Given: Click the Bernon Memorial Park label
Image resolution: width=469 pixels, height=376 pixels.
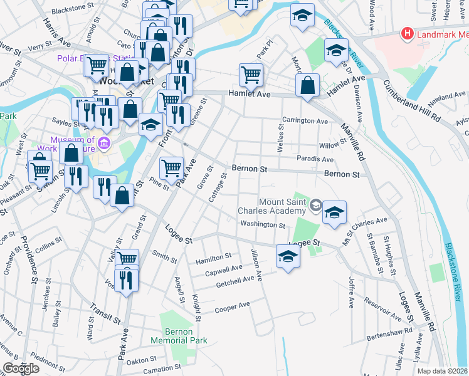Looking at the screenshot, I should point(179,336).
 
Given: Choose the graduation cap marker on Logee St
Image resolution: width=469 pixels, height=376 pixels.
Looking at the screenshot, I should point(288,256).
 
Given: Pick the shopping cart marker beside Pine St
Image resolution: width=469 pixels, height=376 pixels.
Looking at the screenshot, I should point(171,167).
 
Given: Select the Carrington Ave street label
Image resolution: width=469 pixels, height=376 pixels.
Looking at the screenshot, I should point(305,120).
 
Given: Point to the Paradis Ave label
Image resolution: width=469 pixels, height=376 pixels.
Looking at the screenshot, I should point(315,159).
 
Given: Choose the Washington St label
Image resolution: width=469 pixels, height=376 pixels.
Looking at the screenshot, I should point(263,224).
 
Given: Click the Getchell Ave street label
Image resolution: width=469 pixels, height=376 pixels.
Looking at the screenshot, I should point(240,279).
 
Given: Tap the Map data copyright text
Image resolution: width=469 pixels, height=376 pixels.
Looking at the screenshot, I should point(443,371).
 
